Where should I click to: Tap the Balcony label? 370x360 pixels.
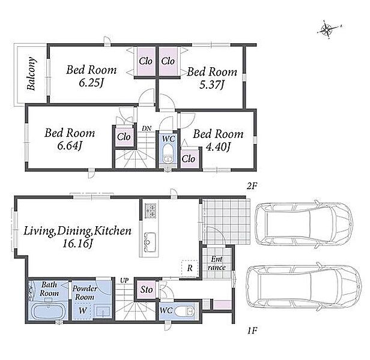coord(31,74)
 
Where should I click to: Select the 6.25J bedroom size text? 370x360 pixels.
coord(91,83)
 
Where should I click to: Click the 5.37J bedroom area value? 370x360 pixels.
coord(211,85)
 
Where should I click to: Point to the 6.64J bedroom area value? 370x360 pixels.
coord(70,146)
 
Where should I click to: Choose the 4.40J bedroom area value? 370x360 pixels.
coord(218,147)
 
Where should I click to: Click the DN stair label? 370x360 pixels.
coord(147,128)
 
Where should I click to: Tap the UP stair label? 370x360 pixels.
coord(124,281)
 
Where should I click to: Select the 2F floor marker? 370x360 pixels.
coord(252,187)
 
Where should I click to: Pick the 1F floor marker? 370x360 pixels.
coord(252,331)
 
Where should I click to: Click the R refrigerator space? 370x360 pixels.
coord(189,268)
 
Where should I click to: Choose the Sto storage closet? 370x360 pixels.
coord(147,290)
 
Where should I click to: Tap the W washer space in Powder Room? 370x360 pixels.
coord(83,311)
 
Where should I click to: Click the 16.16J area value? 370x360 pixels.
coord(77,244)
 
